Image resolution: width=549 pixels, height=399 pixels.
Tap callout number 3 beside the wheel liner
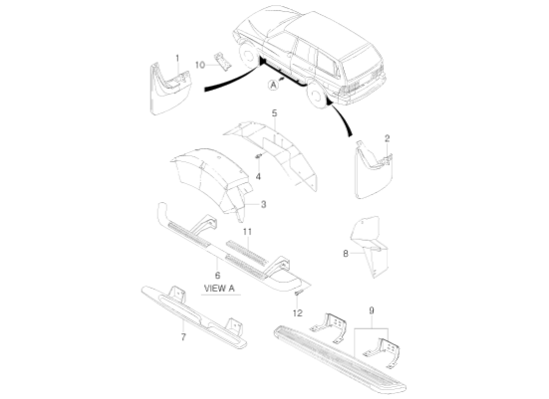tap(263, 204)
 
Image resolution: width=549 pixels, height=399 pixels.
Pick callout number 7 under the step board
tap(182, 337)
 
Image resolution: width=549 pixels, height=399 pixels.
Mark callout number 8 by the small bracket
tap(346, 254)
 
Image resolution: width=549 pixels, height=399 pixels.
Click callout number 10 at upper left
tap(199, 65)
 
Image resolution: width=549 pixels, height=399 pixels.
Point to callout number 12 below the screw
tap(296, 312)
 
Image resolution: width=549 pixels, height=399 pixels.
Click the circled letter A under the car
tap(271, 87)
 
